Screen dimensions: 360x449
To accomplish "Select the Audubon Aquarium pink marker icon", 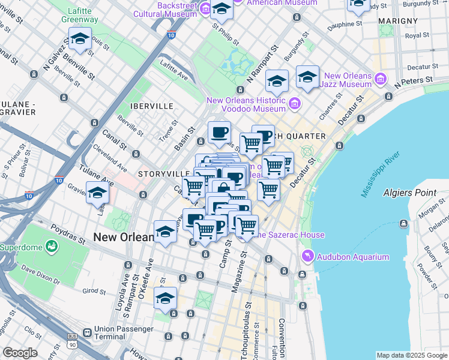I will click(308, 257).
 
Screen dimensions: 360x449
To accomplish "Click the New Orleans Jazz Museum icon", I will click(380, 79).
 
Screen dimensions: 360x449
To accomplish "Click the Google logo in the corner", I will click(20, 353).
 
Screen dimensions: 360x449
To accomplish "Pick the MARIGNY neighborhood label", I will click(394, 21).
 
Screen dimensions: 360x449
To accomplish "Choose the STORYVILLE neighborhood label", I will click(158, 174).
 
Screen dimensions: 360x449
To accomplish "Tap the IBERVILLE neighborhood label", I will click(152, 106).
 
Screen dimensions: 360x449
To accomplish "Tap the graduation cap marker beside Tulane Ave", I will click(98, 194).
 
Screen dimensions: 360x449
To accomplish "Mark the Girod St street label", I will click(94, 291).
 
